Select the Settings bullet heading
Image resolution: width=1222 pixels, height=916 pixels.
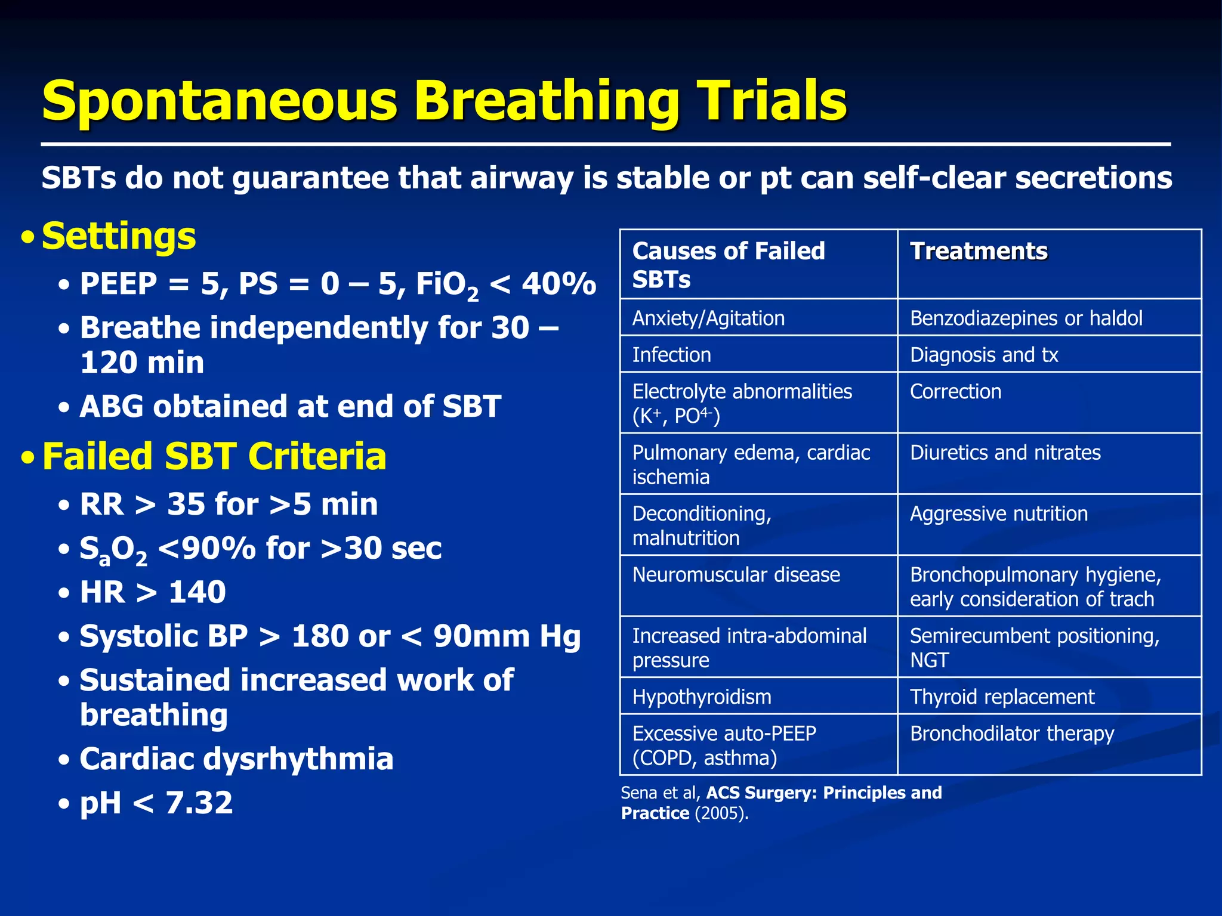(119, 236)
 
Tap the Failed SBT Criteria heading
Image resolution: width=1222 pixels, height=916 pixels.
(214, 457)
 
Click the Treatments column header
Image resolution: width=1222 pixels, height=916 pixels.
(979, 251)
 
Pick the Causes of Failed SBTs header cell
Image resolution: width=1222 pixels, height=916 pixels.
(728, 265)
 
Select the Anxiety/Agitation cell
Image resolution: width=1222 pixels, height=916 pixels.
(708, 318)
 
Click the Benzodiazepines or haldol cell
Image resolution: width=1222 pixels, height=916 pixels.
(1026, 318)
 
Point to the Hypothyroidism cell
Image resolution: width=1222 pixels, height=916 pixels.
(702, 697)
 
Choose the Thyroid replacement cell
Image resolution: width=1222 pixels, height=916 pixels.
(1002, 697)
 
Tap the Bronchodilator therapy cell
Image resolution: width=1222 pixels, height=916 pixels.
(1012, 734)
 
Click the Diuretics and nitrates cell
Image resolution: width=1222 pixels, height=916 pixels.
(1005, 453)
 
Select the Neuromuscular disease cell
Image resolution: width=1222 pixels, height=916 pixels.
(736, 575)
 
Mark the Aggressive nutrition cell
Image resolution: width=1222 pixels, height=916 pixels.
(998, 513)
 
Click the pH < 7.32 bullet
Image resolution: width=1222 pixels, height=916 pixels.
(156, 803)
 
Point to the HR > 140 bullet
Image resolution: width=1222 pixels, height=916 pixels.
(153, 592)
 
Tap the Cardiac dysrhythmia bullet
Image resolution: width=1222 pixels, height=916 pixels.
(236, 759)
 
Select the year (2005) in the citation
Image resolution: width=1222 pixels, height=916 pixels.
(721, 813)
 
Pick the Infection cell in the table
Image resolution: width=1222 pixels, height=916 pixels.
(671, 355)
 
